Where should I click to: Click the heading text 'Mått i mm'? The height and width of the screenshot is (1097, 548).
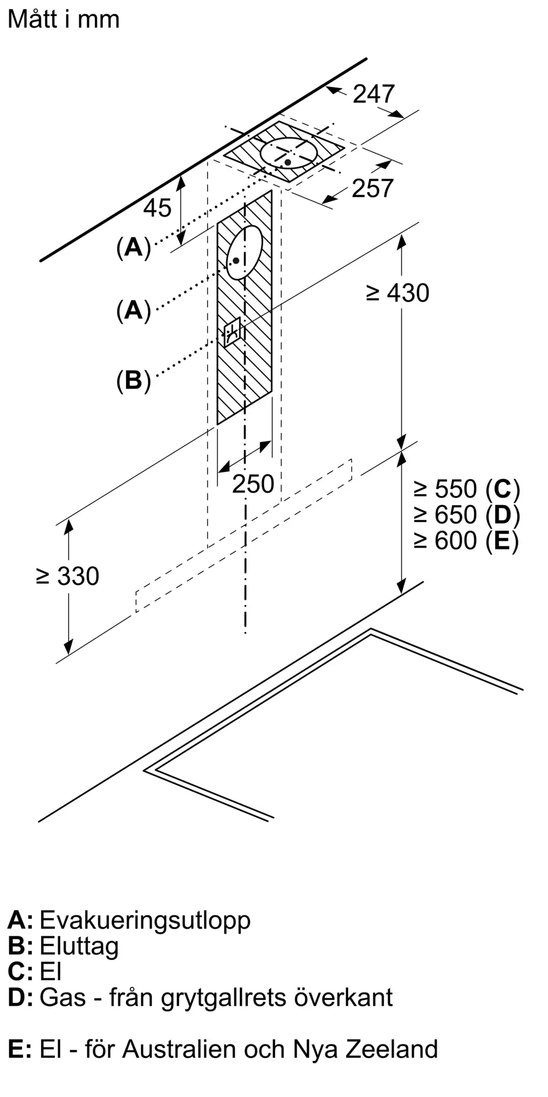tap(64, 20)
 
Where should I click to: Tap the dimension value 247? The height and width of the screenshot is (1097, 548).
tap(373, 94)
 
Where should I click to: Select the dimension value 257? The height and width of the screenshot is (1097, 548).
tap(373, 189)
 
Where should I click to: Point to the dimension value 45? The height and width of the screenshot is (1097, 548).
tap(157, 208)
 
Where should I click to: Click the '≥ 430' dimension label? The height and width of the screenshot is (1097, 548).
tap(397, 293)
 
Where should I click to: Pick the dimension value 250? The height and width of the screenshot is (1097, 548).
tap(253, 484)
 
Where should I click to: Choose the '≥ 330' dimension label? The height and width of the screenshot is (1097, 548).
tap(67, 576)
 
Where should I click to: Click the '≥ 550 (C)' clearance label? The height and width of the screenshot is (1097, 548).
tap(466, 488)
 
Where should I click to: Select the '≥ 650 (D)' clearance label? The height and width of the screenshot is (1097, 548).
tap(466, 514)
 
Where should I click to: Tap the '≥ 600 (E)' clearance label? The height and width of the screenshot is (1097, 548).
tap(466, 541)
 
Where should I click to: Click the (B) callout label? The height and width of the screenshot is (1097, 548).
tap(133, 380)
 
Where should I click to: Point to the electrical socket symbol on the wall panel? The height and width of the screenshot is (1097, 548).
tap(232, 331)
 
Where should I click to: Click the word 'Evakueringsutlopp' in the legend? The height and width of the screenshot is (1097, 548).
tap(145, 919)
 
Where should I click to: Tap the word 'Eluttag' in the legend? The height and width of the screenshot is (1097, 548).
tap(79, 946)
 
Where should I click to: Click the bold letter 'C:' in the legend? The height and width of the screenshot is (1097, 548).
tap(20, 971)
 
